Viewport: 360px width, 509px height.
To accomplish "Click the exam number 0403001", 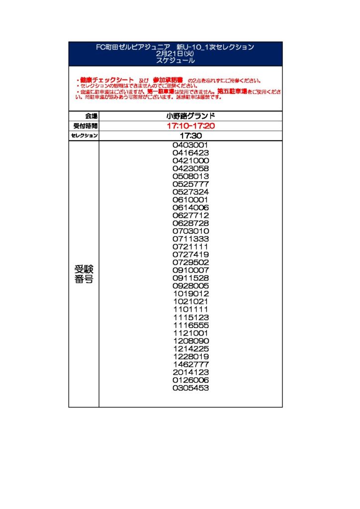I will pyautogui.click(x=190, y=145).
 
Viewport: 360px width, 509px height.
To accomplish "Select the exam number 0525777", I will pyautogui.click(x=190, y=184).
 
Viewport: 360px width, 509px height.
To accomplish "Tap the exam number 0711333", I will pyautogui.click(x=190, y=239).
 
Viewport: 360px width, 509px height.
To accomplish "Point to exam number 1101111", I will pyautogui.click(x=190, y=309).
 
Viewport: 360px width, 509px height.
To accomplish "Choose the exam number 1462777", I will pyautogui.click(x=190, y=364).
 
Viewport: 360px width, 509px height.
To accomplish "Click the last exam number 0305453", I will pyautogui.click(x=190, y=388).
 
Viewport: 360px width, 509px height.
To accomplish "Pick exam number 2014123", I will pyautogui.click(x=190, y=372).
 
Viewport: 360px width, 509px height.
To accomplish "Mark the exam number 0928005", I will pyautogui.click(x=190, y=286).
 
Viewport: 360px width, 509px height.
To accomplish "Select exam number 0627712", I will pyautogui.click(x=190, y=215).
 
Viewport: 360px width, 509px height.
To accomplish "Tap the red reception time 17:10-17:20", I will pyautogui.click(x=190, y=126).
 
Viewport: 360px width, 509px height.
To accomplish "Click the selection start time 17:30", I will pyautogui.click(x=190, y=136).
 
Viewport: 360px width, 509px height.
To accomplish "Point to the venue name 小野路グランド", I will pyautogui.click(x=190, y=116).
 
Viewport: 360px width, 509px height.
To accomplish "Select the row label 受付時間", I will pyautogui.click(x=85, y=126).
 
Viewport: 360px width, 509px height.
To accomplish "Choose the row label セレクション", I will pyautogui.click(x=84, y=136).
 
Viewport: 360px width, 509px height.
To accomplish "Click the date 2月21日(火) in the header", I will pyautogui.click(x=175, y=54).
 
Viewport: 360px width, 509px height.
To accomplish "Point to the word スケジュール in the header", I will pyautogui.click(x=175, y=60).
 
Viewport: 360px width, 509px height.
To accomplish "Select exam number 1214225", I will pyautogui.click(x=190, y=348).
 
